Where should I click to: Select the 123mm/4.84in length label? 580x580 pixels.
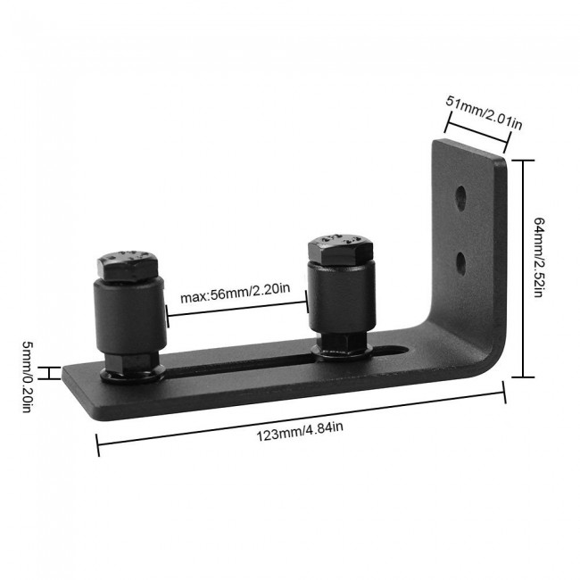click(x=300, y=427)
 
